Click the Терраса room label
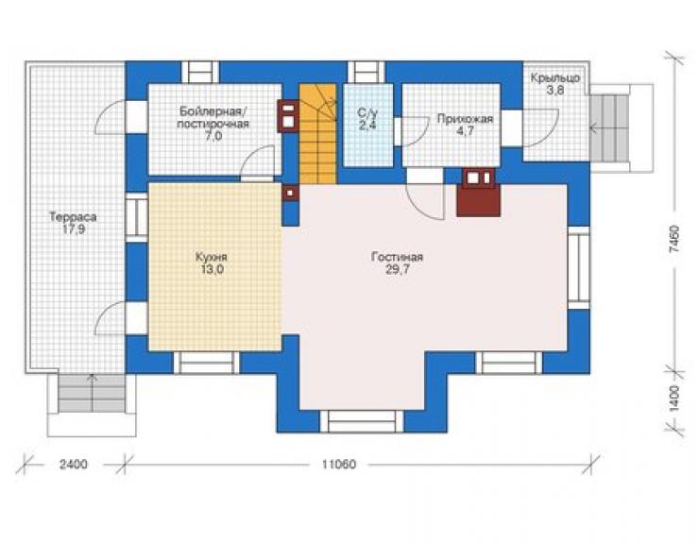click(x=73, y=217)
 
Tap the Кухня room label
click(x=212, y=257)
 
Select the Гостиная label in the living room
click(x=397, y=257)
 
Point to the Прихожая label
click(x=465, y=119)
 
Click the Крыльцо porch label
click(x=555, y=78)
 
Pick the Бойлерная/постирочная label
click(x=213, y=117)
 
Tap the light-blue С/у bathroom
click(x=368, y=125)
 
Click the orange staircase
click(x=317, y=134)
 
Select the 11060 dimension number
click(x=339, y=465)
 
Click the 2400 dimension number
click(x=74, y=465)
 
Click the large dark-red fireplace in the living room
click(x=478, y=192)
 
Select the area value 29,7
click(x=397, y=270)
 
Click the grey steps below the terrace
click(x=92, y=393)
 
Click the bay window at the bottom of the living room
click(x=362, y=421)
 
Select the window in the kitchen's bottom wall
click(x=206, y=363)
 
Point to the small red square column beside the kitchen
click(x=290, y=193)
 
